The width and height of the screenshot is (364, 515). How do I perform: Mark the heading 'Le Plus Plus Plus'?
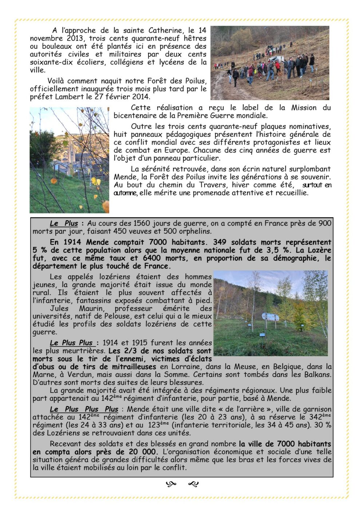(84, 409)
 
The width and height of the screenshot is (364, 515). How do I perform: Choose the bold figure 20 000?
(141, 452)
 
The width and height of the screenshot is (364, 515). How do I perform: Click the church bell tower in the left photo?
(71, 153)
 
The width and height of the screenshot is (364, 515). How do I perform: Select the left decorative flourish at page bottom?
(171, 484)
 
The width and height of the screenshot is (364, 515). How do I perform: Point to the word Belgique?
(287, 367)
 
